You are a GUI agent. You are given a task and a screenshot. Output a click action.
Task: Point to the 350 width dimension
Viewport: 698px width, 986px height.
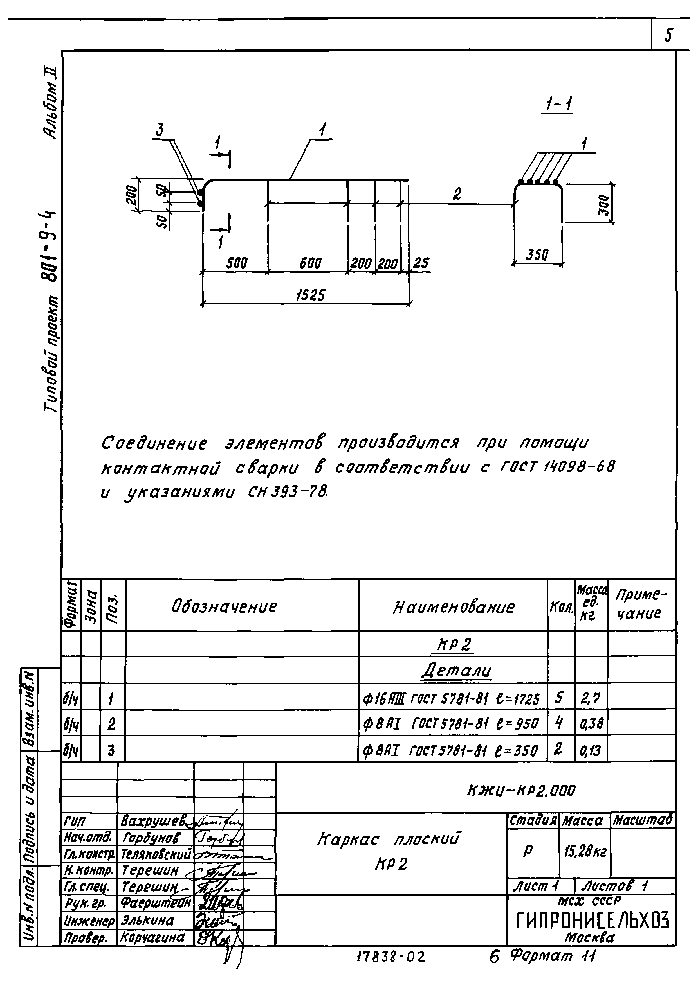point(537,255)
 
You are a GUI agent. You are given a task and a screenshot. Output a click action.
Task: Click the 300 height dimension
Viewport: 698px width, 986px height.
point(603,205)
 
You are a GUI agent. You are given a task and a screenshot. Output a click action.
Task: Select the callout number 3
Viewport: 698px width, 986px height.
point(160,130)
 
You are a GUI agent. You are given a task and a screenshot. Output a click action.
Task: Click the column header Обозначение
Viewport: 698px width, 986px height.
point(224,607)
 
